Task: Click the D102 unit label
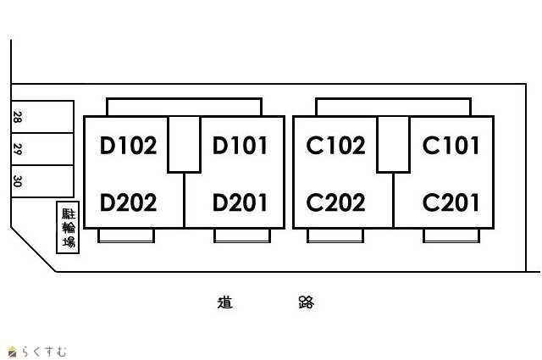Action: (129, 147)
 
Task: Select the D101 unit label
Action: (240, 147)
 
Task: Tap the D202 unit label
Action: (129, 203)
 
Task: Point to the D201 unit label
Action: (240, 203)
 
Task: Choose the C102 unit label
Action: (336, 147)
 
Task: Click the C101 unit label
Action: (451, 147)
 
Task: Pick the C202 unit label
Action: (336, 203)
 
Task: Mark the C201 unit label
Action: (451, 203)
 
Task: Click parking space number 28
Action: (17, 117)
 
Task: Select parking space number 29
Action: (17, 149)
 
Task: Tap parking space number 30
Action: (17, 180)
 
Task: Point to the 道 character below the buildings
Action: (224, 302)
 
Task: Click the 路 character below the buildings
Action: (306, 302)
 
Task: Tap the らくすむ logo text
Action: (42, 351)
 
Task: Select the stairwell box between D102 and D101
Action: (184, 144)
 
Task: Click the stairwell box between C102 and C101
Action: (394, 144)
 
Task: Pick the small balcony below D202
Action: (127, 235)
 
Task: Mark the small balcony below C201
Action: (451, 235)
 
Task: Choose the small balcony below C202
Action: (335, 235)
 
